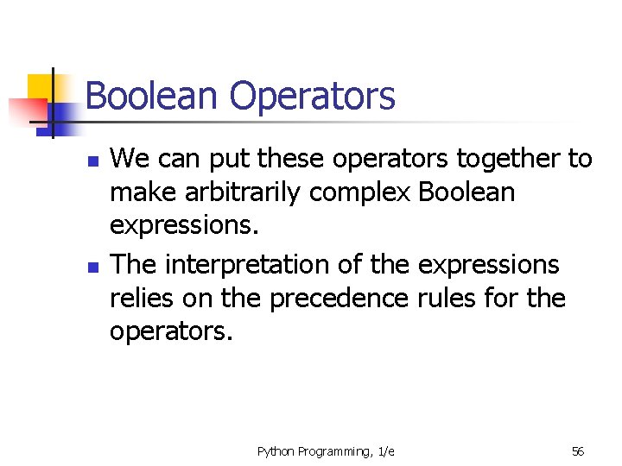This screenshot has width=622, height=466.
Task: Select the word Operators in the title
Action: coord(313,96)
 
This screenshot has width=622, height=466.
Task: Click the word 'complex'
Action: coord(360,193)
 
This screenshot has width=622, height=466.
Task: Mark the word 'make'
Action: coord(142,193)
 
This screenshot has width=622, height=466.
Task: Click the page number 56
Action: coord(578,451)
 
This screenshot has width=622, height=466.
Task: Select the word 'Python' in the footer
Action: coord(276,451)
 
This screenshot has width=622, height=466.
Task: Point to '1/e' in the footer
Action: coord(386,451)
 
